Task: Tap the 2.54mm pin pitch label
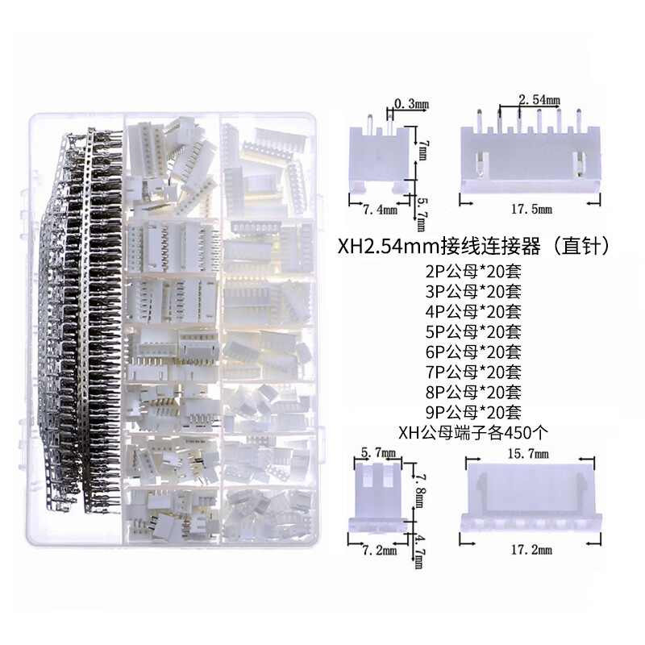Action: click(539, 100)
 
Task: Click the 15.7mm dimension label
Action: click(533, 453)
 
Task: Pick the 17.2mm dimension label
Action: click(533, 551)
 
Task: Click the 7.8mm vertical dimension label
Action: click(418, 490)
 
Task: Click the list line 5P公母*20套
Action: click(472, 331)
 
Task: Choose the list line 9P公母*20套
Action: click(472, 413)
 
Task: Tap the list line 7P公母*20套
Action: click(472, 372)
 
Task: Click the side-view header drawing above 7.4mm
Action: click(379, 157)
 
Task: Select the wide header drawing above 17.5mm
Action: click(531, 157)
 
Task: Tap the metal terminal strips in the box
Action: click(81, 322)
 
